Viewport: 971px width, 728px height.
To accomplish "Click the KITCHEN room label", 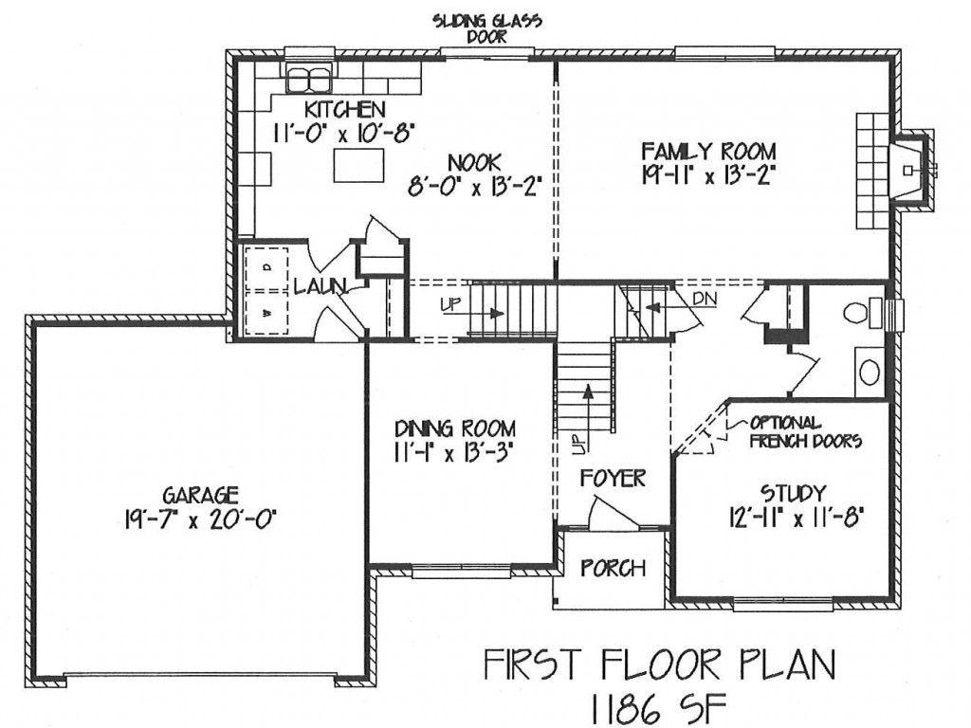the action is (344, 110).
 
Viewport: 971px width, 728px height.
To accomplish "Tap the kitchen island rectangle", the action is (357, 165).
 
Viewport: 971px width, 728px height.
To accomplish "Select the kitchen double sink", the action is (309, 78).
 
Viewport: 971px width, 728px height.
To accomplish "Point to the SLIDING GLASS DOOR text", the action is (486, 28).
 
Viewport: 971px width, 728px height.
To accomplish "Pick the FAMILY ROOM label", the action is (707, 151).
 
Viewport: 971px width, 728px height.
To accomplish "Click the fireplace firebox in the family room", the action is (908, 171).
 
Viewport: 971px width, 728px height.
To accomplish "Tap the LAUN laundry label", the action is (319, 286).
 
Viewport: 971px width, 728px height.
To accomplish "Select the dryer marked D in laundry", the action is (266, 268).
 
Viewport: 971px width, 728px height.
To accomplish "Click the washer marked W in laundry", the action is (266, 313).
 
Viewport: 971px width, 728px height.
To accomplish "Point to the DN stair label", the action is (705, 299).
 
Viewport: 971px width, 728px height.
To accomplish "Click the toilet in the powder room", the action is (862, 313).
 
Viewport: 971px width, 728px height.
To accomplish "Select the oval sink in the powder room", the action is (870, 372).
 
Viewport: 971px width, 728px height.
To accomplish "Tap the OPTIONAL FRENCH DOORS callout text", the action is (804, 431).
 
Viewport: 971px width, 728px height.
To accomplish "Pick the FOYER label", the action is (613, 478).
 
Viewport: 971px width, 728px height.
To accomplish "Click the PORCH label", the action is (613, 568).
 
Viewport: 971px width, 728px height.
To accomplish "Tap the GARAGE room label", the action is (200, 495).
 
